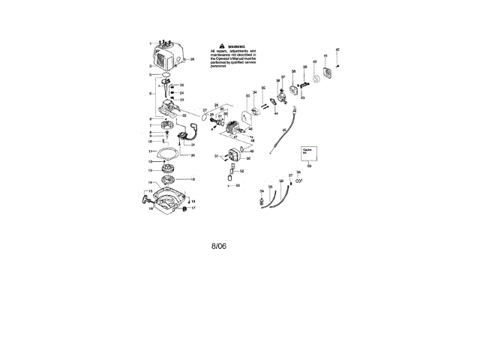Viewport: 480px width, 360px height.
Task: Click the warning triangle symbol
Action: (x=211, y=45)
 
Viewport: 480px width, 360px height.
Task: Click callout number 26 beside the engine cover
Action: (x=193, y=58)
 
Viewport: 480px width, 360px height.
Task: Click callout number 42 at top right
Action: (x=337, y=49)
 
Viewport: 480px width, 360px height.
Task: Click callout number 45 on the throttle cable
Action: (x=286, y=130)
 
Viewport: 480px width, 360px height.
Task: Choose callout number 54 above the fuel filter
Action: (x=261, y=191)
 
